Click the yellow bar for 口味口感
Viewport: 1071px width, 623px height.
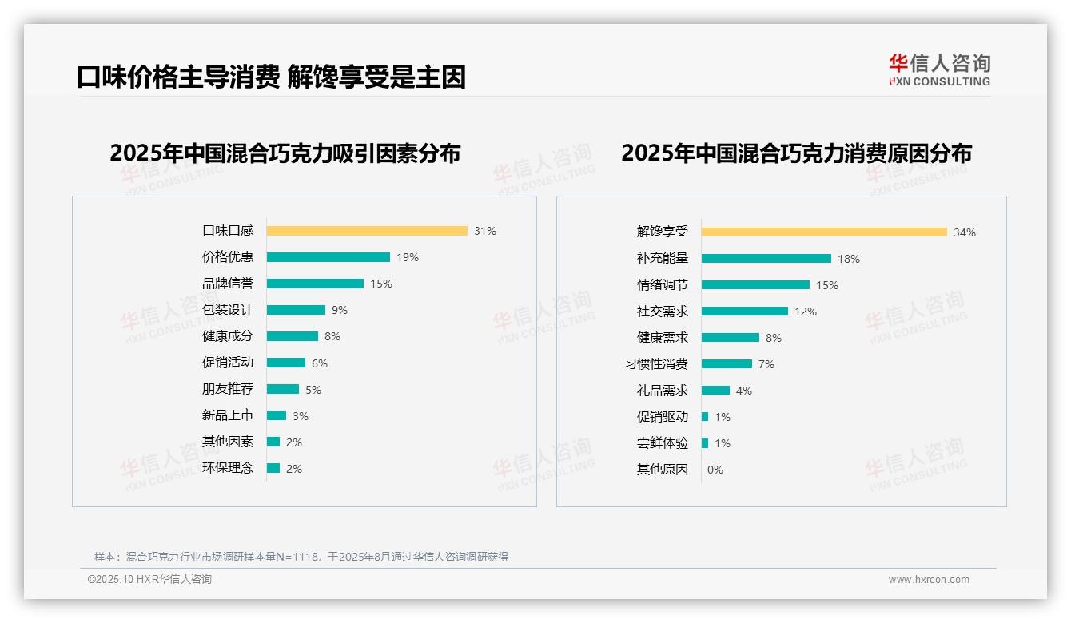tap(367, 231)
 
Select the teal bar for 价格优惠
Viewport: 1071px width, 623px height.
tap(328, 257)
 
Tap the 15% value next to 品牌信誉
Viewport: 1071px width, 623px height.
tap(381, 284)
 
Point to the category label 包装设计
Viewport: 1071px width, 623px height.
tap(227, 310)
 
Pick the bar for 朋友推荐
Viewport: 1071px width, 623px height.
tap(282, 389)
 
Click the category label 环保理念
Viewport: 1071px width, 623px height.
tap(227, 468)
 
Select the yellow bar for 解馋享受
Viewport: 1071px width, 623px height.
tap(824, 232)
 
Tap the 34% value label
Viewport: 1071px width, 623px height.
tap(964, 232)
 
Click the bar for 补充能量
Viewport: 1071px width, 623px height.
tap(766, 259)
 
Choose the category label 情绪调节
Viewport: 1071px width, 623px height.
tap(662, 285)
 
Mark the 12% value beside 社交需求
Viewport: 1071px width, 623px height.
tap(805, 311)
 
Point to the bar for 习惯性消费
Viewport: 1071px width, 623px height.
tap(727, 364)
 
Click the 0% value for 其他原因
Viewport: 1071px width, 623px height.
tap(715, 470)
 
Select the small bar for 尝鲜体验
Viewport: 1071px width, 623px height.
tap(705, 443)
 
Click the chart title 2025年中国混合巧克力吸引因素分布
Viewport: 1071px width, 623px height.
tap(285, 153)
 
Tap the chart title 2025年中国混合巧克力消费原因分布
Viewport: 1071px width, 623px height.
tap(796, 153)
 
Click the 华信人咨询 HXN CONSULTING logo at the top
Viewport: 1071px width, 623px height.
tap(939, 70)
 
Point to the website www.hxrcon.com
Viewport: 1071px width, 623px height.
tap(928, 580)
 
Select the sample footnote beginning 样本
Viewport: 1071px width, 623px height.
tap(301, 557)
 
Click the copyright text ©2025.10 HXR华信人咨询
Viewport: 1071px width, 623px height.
tap(149, 580)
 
